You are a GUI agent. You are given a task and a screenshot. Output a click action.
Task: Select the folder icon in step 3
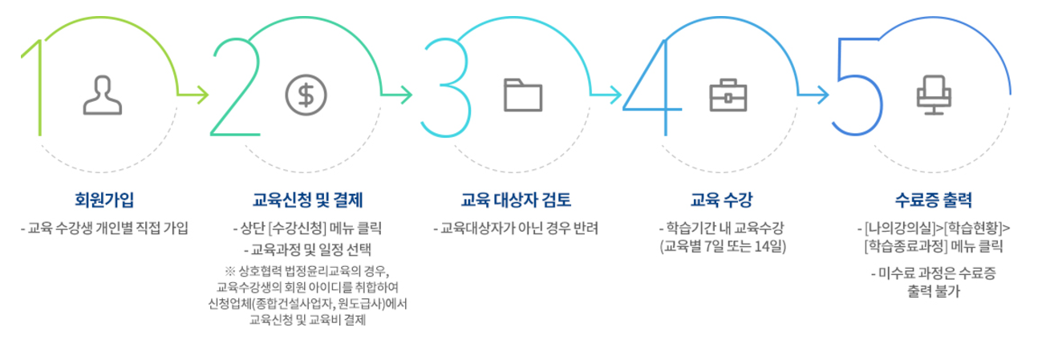click(523, 95)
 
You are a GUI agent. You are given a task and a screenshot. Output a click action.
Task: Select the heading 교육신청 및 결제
click(308, 199)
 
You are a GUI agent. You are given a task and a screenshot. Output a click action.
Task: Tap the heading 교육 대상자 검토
click(517, 199)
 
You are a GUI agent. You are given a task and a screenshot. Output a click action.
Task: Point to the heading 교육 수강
click(721, 199)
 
